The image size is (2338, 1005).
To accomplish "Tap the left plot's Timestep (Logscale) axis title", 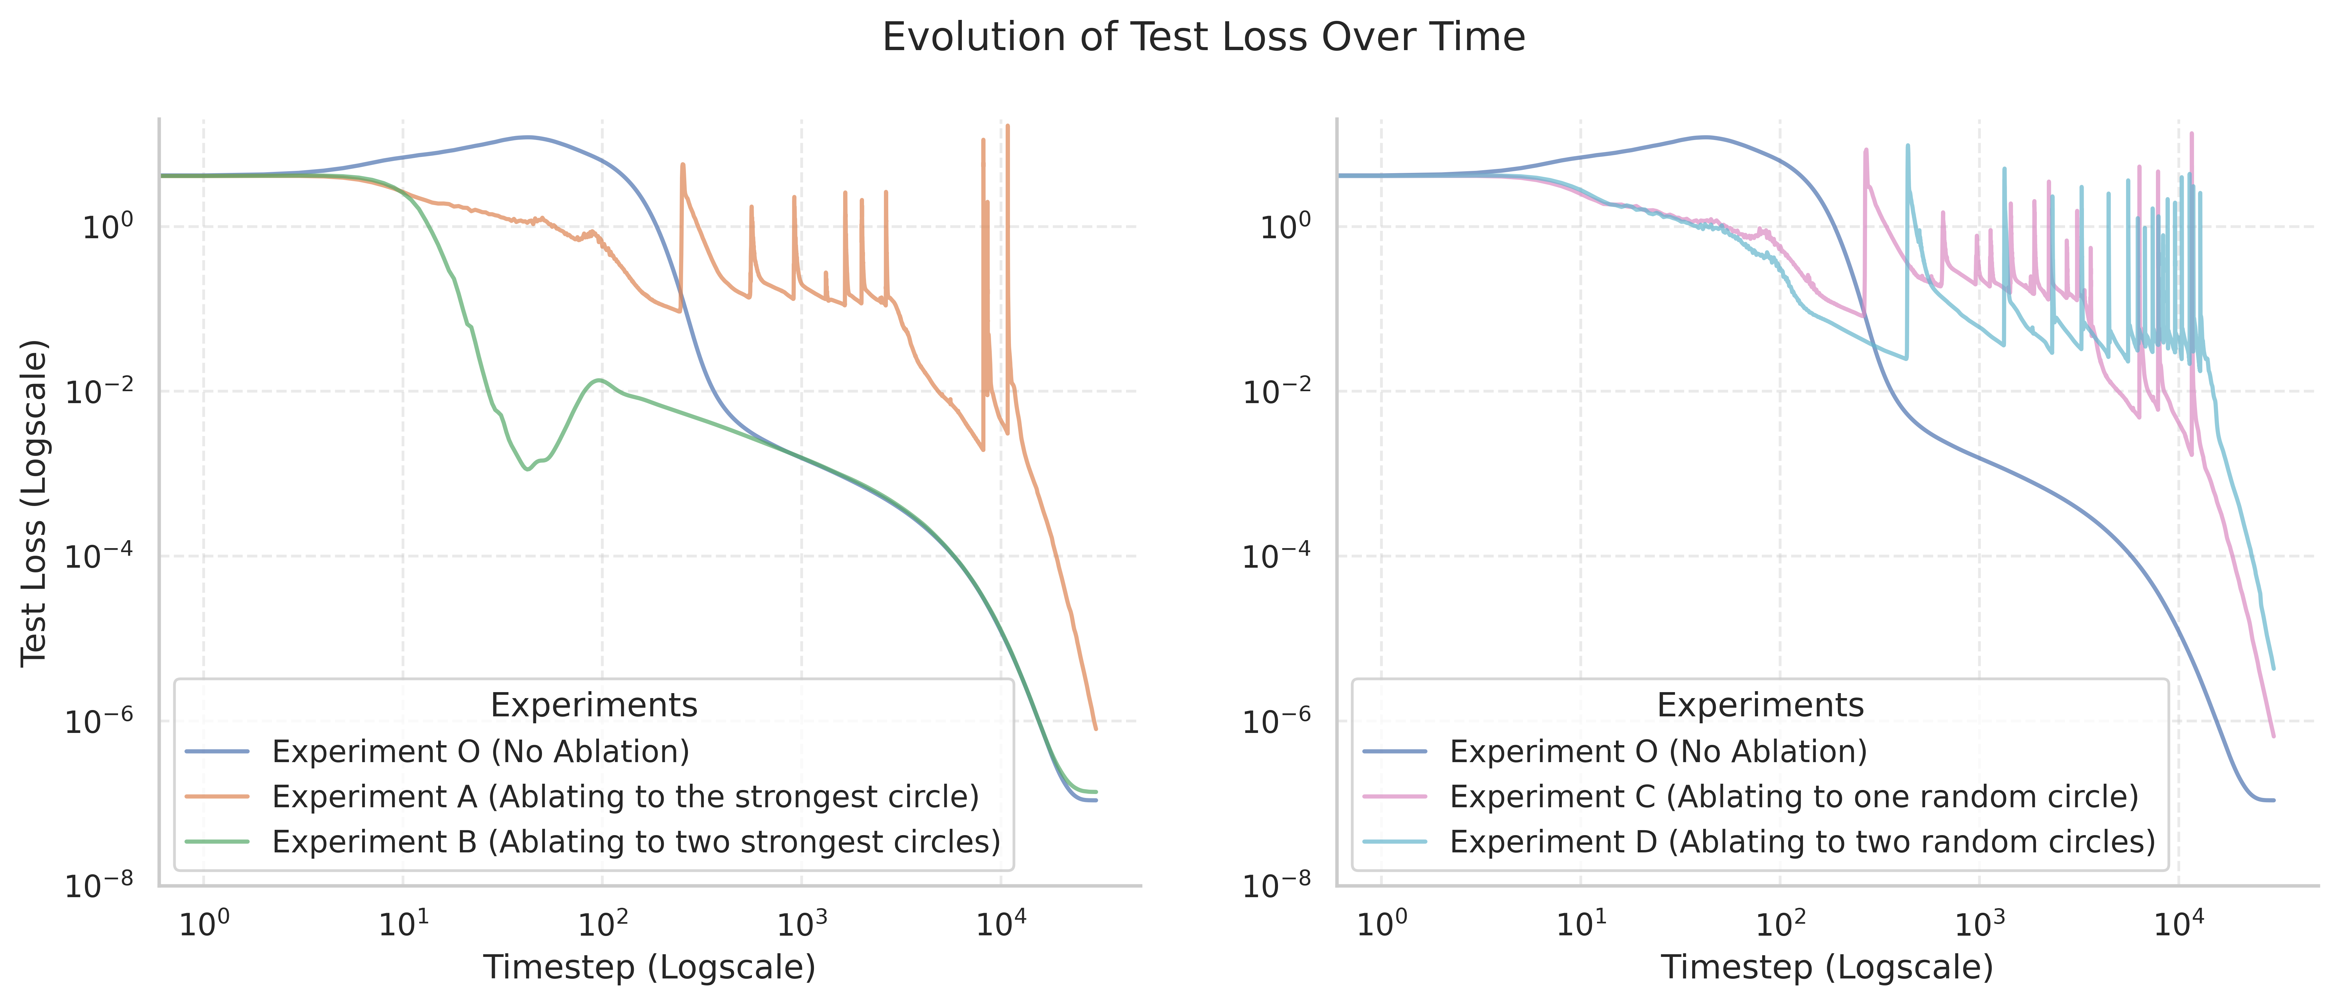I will point(649,967).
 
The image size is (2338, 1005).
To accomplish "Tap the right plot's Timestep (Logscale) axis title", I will point(1826,967).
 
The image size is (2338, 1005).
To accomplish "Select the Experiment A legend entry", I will point(625,797).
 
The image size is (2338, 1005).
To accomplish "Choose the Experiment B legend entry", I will point(635,842).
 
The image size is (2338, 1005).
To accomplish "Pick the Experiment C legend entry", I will point(1793,797).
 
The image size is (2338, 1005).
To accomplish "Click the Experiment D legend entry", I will point(1802,842).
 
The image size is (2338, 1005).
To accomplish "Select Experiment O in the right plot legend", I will point(1658,752).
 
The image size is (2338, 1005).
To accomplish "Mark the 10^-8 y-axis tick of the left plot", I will point(98,883).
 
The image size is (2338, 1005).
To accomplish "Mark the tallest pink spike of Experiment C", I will point(2192,134).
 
